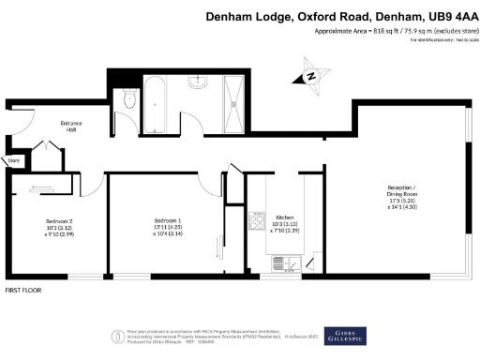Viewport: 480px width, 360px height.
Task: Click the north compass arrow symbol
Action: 309,77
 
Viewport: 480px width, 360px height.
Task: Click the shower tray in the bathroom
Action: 234,97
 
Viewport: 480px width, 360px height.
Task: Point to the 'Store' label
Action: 14,161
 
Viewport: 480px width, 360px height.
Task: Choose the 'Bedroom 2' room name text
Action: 58,221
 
